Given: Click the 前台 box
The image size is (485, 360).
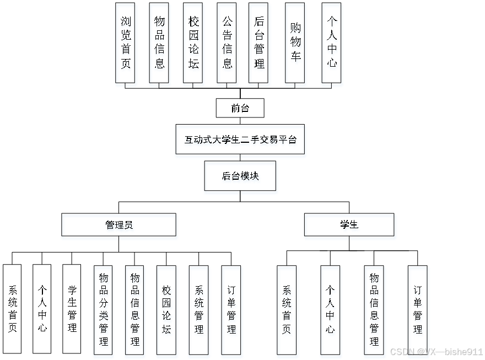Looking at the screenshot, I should click(x=240, y=108).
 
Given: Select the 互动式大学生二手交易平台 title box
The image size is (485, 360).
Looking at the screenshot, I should click(x=240, y=139).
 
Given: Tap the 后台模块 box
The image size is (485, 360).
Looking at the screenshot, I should click(x=240, y=176).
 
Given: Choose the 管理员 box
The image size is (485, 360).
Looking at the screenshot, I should click(x=118, y=224).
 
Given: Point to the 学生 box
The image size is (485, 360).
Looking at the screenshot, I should click(x=349, y=224).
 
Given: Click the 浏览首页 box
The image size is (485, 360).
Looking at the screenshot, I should click(x=125, y=42).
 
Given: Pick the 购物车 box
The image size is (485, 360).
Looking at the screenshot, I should click(x=295, y=42).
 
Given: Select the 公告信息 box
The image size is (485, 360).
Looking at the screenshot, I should click(x=227, y=42).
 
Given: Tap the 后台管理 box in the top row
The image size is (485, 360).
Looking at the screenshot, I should click(x=258, y=42).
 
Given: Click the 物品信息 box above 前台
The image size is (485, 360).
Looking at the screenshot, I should click(x=159, y=42).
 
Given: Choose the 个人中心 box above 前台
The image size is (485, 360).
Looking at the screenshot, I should click(x=331, y=42).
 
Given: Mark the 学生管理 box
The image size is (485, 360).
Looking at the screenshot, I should click(x=72, y=309).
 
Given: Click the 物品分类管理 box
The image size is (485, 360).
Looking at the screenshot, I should click(x=103, y=309).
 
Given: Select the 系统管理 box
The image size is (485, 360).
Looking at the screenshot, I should click(x=198, y=309).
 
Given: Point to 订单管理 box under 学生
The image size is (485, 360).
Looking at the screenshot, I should click(x=417, y=309).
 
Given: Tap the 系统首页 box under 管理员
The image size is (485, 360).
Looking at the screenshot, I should click(x=12, y=309).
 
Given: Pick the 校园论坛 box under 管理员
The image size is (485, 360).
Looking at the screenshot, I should click(x=166, y=309).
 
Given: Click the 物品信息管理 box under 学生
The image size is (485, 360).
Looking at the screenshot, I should click(x=374, y=309).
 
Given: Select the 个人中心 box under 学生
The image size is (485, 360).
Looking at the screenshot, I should click(x=330, y=309).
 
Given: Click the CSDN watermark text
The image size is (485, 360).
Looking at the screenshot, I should click(x=436, y=351).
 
